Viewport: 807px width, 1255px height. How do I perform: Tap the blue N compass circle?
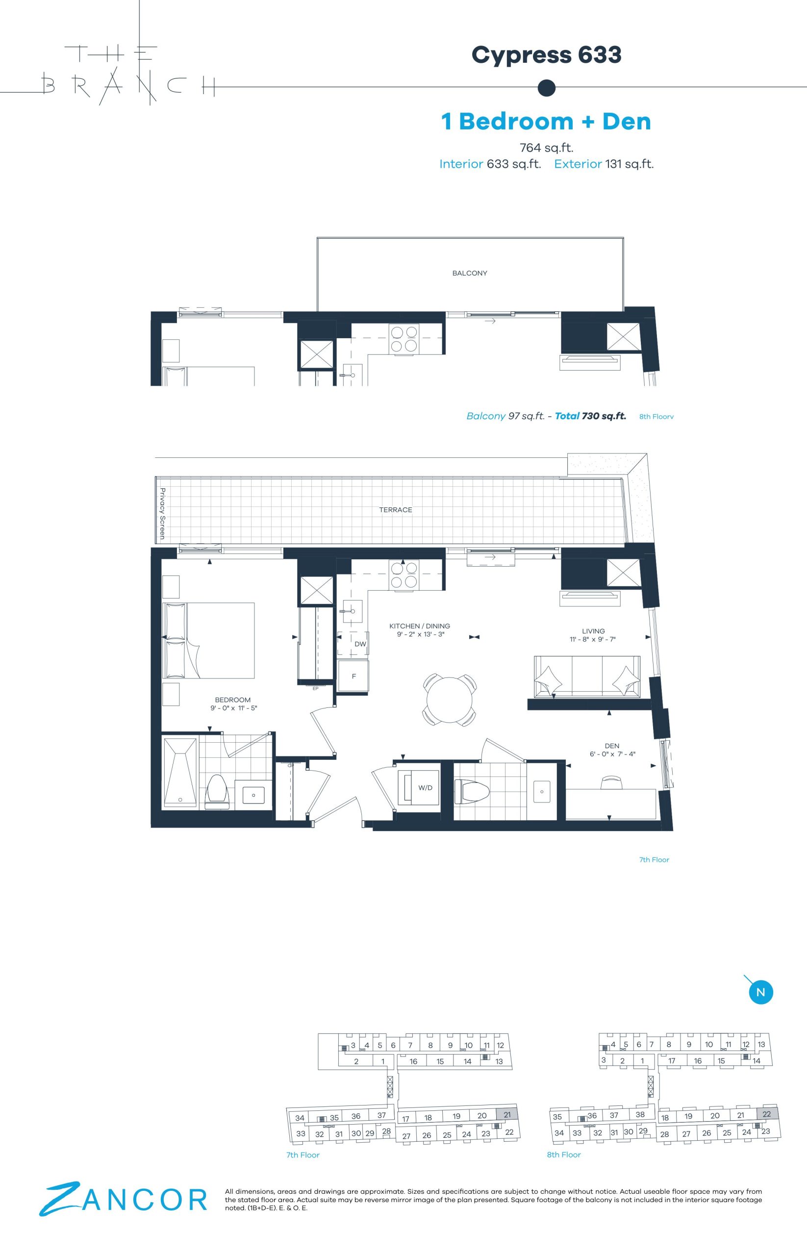click(x=761, y=991)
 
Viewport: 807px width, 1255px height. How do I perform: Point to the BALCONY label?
click(x=470, y=273)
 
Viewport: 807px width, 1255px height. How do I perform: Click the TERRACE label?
click(x=396, y=509)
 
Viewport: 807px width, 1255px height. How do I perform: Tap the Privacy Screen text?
click(x=162, y=514)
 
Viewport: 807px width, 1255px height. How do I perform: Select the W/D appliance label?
click(x=425, y=788)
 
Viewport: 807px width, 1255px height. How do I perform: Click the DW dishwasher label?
click(x=360, y=644)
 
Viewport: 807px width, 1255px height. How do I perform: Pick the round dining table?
click(x=450, y=700)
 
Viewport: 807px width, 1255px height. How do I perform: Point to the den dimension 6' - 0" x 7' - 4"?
click(x=612, y=754)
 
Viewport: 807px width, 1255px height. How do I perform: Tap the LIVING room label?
click(x=593, y=631)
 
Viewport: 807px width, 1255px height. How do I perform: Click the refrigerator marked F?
click(x=353, y=676)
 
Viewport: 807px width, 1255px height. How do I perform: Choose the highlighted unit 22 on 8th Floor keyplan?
click(x=766, y=1114)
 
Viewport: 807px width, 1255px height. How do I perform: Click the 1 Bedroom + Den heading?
click(x=546, y=122)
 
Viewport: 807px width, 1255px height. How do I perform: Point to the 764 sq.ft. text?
click(x=547, y=148)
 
